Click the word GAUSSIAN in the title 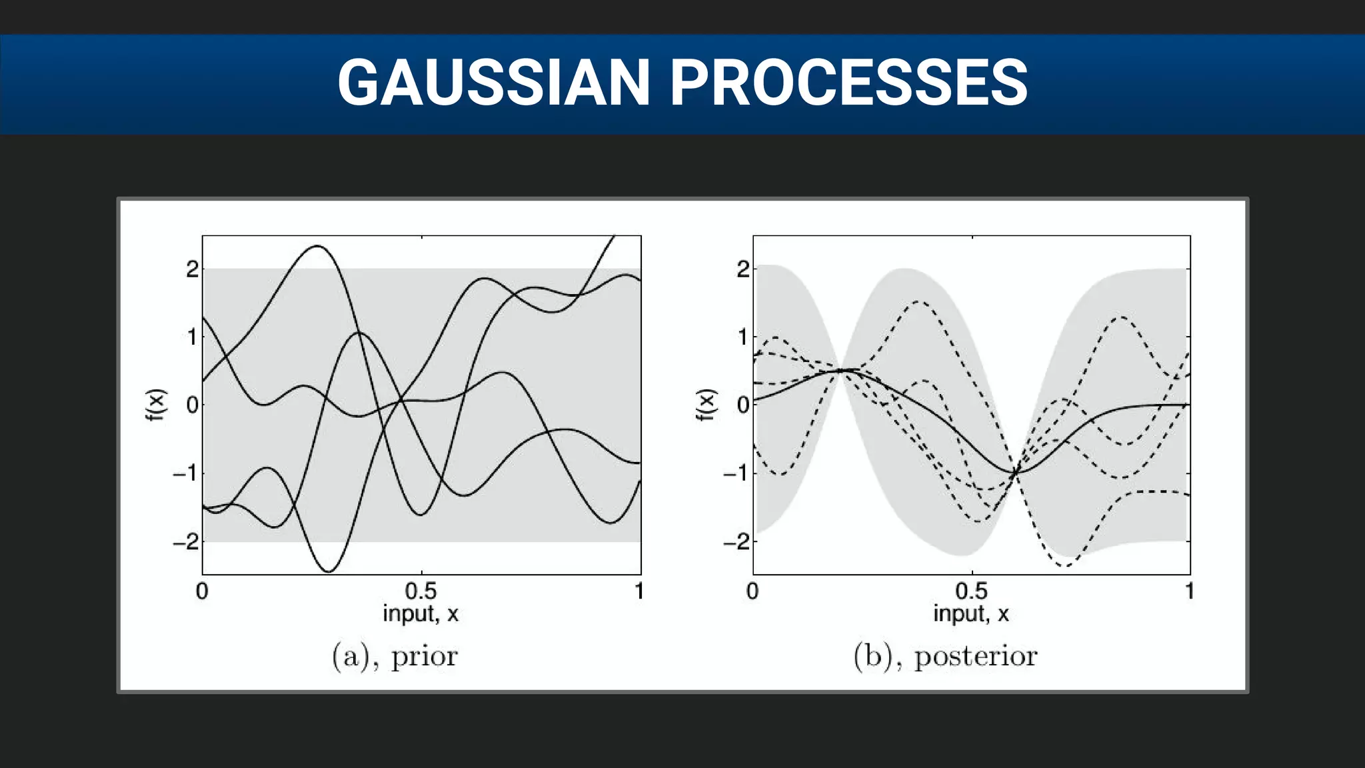coord(493,83)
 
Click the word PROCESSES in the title coord(848,83)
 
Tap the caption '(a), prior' coord(395,657)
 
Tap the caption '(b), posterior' coord(945,657)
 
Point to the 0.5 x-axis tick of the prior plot coord(421,591)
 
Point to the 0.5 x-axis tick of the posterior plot coord(971,591)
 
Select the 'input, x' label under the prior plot coord(421,613)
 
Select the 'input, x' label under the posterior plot coord(971,613)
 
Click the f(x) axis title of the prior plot coord(155,405)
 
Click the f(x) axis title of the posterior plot coord(706,405)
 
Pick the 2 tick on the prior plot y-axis coord(192,269)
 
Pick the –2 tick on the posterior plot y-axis coord(736,541)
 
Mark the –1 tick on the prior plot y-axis coord(186,473)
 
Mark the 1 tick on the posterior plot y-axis coord(742,337)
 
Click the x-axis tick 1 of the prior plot coord(639,591)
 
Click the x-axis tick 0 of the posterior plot coord(752,591)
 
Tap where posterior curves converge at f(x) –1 coord(1015,472)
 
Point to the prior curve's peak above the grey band coord(317,247)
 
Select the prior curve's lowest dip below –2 coord(329,571)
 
